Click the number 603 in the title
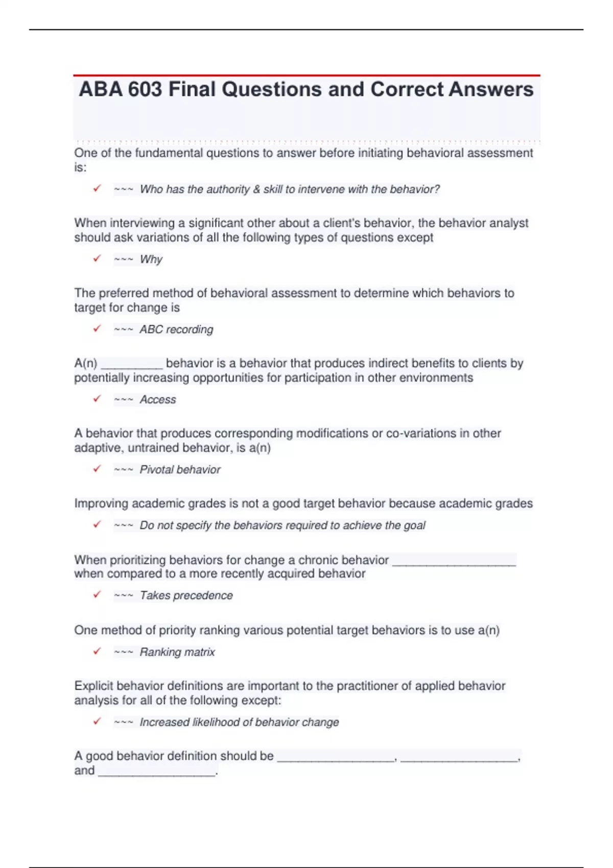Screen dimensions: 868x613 point(145,89)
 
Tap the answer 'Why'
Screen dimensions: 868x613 point(151,259)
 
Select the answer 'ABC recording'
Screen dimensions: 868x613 point(176,329)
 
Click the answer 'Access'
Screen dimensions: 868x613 point(158,399)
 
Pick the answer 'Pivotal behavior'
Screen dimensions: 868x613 point(180,469)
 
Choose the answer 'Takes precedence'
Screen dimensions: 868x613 point(186,595)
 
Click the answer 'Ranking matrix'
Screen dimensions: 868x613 point(177,652)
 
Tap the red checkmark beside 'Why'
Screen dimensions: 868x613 point(97,259)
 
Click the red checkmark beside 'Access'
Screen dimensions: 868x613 point(97,399)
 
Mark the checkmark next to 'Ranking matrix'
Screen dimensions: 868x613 point(97,652)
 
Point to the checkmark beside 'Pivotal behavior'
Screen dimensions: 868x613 point(97,469)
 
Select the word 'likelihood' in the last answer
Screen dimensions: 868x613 point(216,722)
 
